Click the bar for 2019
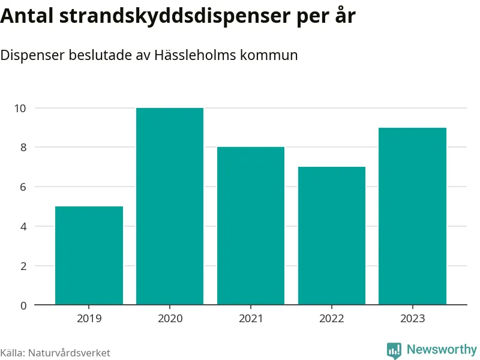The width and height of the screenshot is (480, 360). [x=89, y=256]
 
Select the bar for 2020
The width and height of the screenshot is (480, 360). [x=170, y=206]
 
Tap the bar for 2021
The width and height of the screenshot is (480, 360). [x=251, y=226]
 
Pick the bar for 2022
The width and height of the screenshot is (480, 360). [x=332, y=236]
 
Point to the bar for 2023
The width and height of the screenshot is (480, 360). [x=413, y=216]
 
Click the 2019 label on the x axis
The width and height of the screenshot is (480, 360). [x=89, y=319]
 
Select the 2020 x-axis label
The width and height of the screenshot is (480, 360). [x=170, y=319]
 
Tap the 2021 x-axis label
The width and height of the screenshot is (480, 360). [x=251, y=319]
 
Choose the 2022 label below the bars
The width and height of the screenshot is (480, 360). [x=332, y=319]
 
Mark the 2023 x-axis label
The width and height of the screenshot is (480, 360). [x=413, y=319]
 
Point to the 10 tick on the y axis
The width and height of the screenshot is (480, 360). [x=21, y=108]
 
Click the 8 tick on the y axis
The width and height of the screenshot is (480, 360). [x=23, y=148]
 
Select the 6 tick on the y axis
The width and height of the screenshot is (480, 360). [x=23, y=187]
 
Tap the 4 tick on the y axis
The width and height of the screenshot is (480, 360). [x=23, y=226]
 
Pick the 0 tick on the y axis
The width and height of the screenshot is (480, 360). [x=23, y=305]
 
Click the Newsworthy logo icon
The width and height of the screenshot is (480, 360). [x=394, y=350]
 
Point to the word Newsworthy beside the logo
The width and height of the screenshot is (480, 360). [x=442, y=349]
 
